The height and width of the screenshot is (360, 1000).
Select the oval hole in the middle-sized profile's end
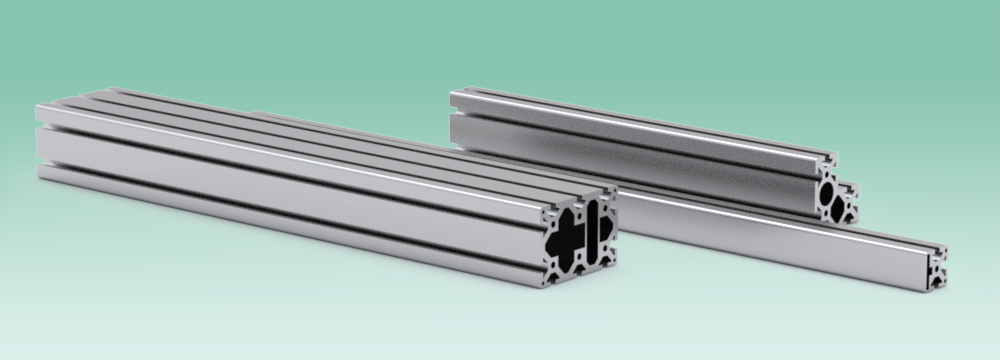(830, 192)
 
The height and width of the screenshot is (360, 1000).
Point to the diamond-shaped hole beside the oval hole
(847, 205)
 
